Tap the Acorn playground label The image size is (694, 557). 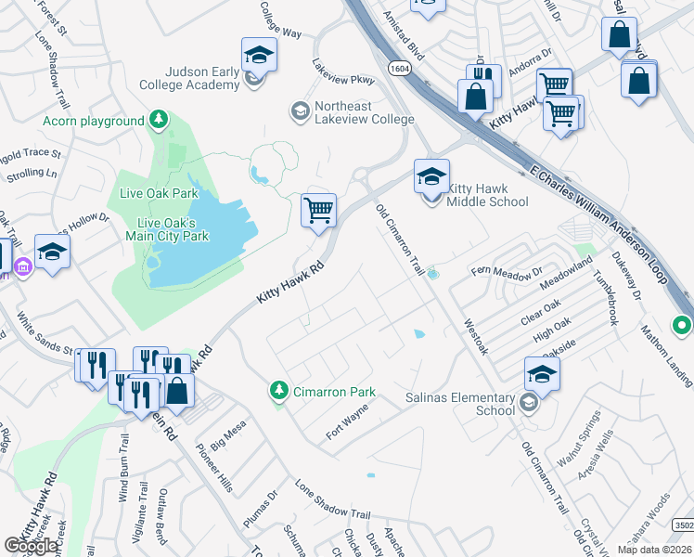tap(94, 121)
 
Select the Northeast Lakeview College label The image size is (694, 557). tap(364, 112)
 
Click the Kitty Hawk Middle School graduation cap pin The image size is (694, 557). tap(431, 176)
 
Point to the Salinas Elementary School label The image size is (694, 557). tap(459, 403)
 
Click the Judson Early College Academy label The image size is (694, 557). tap(202, 78)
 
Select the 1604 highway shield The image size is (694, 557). tap(399, 68)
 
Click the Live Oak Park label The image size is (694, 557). tap(159, 193)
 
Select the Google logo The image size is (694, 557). tap(31, 545)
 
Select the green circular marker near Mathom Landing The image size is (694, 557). tap(683, 326)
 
